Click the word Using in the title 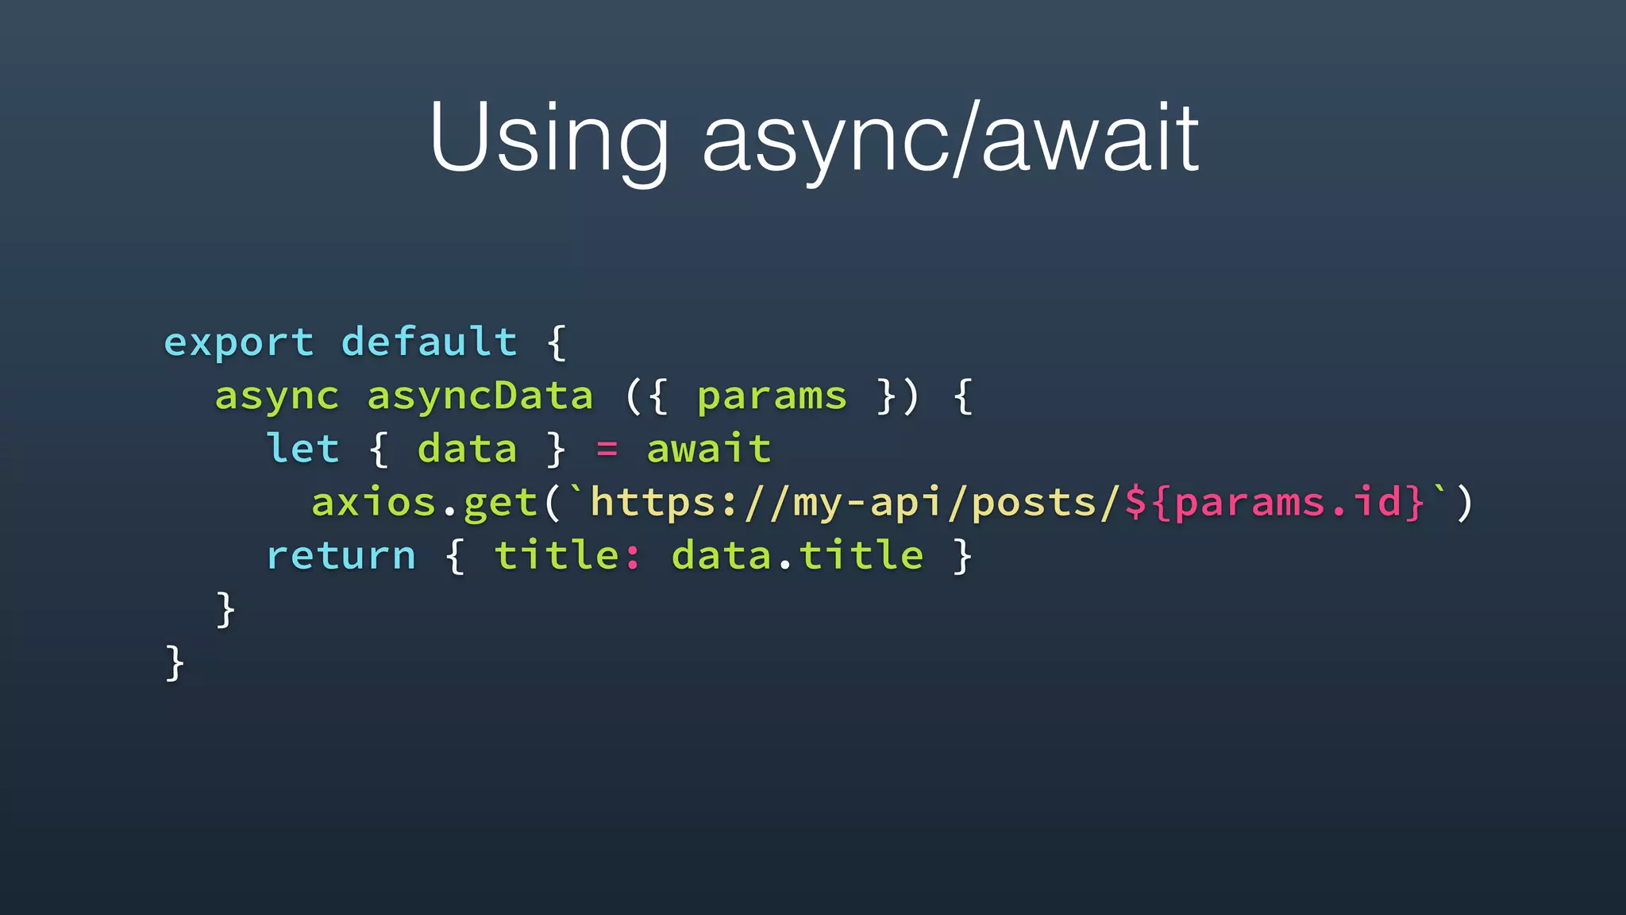pyautogui.click(x=548, y=139)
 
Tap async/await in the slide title pyautogui.click(x=950, y=139)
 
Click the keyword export pyautogui.click(x=239, y=343)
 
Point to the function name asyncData pyautogui.click(x=480, y=396)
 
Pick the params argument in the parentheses pyautogui.click(x=772, y=396)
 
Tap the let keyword pyautogui.click(x=302, y=449)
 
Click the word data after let pyautogui.click(x=467, y=449)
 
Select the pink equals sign pyautogui.click(x=607, y=450)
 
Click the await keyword pyautogui.click(x=708, y=449)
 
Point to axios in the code pyautogui.click(x=373, y=503)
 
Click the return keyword pyautogui.click(x=341, y=555)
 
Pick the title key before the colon pyautogui.click(x=557, y=554)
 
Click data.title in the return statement pyautogui.click(x=797, y=554)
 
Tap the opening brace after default pyautogui.click(x=557, y=343)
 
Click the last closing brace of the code pyautogui.click(x=175, y=662)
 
